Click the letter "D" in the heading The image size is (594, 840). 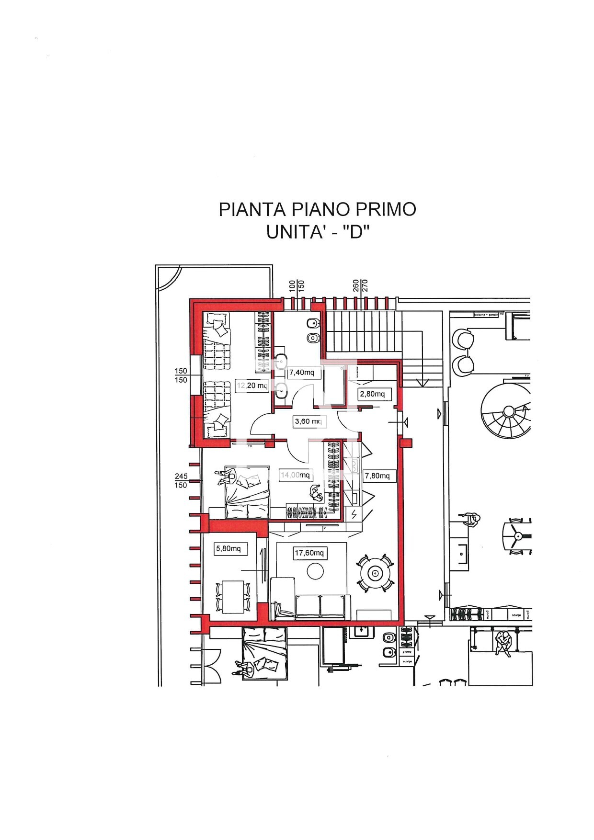[x=356, y=233]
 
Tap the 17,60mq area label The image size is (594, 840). [x=309, y=553]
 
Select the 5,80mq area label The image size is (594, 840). [x=228, y=549]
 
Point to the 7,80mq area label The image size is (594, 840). [x=377, y=476]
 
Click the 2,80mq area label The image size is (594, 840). [x=372, y=394]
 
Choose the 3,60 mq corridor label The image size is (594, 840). [x=308, y=422]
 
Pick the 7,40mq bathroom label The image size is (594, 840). [x=302, y=373]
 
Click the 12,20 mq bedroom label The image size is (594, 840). [x=252, y=386]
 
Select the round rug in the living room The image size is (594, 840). [x=315, y=571]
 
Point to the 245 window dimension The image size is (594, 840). [x=181, y=477]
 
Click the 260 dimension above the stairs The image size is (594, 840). [x=355, y=285]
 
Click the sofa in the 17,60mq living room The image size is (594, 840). [x=320, y=606]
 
